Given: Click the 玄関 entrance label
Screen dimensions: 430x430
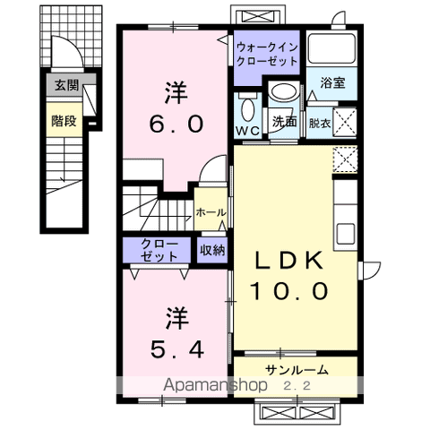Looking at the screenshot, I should coord(65,86).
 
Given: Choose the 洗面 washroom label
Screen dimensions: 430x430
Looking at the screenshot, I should coord(286,120).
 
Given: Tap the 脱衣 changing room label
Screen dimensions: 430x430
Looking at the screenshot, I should coord(320,122).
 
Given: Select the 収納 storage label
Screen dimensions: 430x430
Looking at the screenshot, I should coord(212,251).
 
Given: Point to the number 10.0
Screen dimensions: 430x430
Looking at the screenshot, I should coord(290,291).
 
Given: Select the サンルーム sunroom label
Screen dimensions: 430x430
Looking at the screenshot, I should coord(296,369).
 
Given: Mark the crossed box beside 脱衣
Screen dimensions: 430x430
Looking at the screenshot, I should coord(346,119).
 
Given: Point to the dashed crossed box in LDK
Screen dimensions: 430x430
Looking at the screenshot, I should coord(345,160).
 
